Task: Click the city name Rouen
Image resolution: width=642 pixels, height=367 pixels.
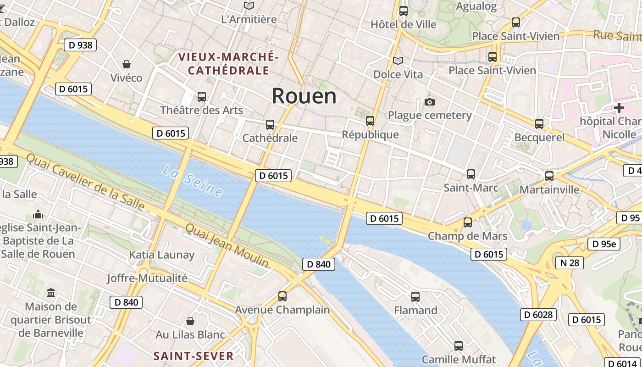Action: [x=304, y=96]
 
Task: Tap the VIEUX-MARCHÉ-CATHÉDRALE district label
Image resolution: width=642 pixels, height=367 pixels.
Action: [x=228, y=64]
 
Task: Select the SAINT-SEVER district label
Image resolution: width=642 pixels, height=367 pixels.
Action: [x=194, y=356]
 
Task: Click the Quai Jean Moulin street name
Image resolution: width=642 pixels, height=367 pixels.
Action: [x=227, y=245]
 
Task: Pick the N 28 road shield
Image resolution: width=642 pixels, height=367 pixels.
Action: [x=569, y=262]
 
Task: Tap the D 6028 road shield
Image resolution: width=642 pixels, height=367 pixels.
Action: [x=538, y=315]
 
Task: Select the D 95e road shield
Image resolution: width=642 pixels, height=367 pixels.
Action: [x=604, y=244]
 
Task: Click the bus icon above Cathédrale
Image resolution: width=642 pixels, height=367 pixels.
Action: [x=270, y=124]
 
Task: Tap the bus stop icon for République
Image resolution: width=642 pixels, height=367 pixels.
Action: [x=370, y=121]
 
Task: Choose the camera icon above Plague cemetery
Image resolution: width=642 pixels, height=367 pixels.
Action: [x=430, y=102]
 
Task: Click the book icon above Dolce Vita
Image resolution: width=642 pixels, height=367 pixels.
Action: [x=398, y=61]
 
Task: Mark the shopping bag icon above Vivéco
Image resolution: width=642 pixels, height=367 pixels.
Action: [x=127, y=64]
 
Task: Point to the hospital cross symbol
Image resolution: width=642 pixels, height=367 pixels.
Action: [x=619, y=108]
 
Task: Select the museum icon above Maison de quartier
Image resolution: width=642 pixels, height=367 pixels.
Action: [x=51, y=293]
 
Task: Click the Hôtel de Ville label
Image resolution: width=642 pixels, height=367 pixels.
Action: [x=404, y=24]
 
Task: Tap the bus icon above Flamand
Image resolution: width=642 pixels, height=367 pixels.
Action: [x=415, y=297]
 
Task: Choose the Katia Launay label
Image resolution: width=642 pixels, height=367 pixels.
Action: [x=162, y=255]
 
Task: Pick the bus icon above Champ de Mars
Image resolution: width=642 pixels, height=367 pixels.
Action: [x=468, y=222]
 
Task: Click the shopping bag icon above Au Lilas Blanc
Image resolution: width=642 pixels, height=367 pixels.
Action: [x=190, y=321]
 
